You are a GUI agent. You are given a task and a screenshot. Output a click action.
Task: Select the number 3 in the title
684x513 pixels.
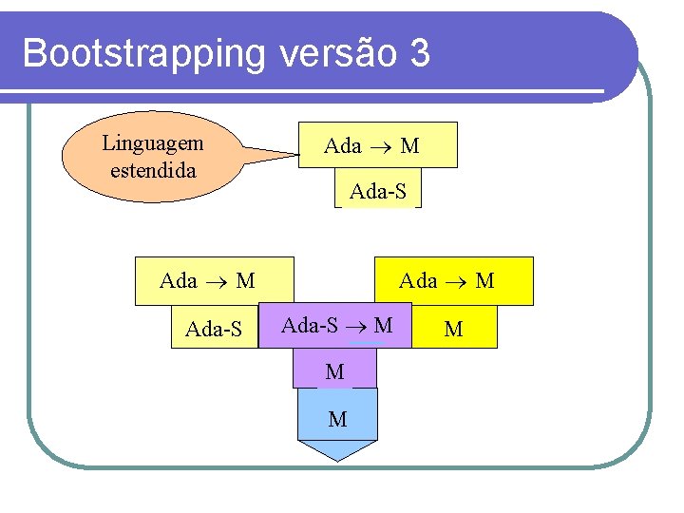coord(420,53)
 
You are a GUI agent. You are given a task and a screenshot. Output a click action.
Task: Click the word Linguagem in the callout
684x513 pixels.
coord(152,143)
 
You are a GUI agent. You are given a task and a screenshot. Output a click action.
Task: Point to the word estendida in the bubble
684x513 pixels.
coord(153,171)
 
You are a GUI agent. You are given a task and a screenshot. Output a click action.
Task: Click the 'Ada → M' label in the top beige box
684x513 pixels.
coord(371,145)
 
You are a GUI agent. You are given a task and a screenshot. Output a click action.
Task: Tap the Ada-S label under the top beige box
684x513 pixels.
coord(378,191)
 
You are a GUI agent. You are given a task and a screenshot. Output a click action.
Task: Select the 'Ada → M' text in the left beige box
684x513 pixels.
coord(207,280)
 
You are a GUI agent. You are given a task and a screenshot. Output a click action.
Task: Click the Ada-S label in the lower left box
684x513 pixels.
coord(214,330)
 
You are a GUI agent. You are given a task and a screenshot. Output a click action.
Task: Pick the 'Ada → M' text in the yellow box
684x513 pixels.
coord(446,280)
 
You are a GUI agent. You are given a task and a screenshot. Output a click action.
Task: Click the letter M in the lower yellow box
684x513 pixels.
coord(453,330)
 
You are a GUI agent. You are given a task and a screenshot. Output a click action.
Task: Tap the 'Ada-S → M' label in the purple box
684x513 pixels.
coord(337,326)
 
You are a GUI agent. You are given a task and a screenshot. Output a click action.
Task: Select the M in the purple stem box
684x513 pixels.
coord(334,372)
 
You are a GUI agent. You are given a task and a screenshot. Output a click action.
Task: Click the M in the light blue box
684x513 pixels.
coord(337,418)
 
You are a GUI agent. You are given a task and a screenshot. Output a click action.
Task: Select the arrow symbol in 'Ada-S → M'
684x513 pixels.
coord(356,327)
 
